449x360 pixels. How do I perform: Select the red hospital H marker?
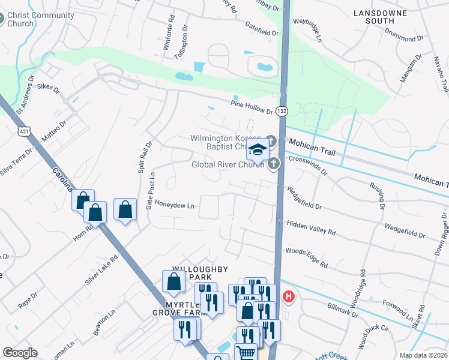click(x=289, y=296)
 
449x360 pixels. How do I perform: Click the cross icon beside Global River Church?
click(x=274, y=163)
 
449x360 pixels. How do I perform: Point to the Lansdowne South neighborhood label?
click(x=381, y=17)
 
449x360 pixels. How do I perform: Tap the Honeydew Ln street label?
click(x=175, y=205)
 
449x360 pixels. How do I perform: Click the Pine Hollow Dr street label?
click(x=252, y=107)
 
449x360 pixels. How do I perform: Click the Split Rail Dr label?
click(x=142, y=158)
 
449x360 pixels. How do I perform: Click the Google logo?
click(x=20, y=353)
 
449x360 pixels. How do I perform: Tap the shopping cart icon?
click(x=246, y=352)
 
